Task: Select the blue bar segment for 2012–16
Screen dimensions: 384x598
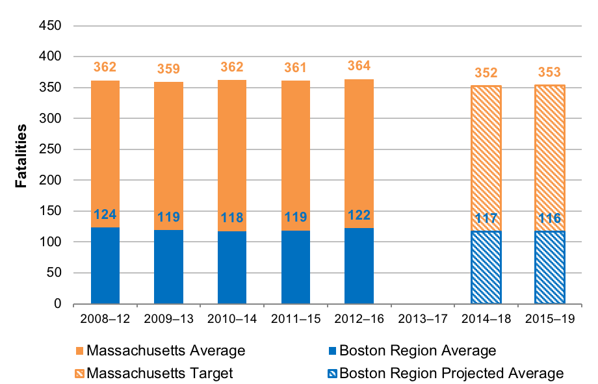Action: [359, 266]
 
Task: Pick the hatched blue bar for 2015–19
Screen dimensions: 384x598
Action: [549, 268]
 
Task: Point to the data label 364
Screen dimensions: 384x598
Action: [359, 66]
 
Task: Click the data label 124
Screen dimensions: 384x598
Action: [105, 215]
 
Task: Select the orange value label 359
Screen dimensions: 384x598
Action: [168, 68]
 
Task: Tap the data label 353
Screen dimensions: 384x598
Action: [549, 71]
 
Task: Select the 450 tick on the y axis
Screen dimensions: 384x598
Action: [51, 26]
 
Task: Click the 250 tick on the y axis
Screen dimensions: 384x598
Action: [51, 149]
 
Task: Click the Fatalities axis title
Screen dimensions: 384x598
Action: [21, 156]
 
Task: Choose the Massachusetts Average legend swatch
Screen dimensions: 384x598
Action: [80, 351]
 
